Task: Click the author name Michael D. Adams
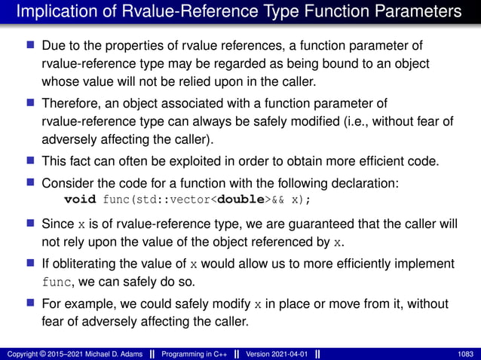[x=103, y=353]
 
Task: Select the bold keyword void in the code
[x=80, y=200]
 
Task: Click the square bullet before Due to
[x=31, y=47]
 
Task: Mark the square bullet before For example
[x=31, y=303]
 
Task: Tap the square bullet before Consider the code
[x=31, y=182]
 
